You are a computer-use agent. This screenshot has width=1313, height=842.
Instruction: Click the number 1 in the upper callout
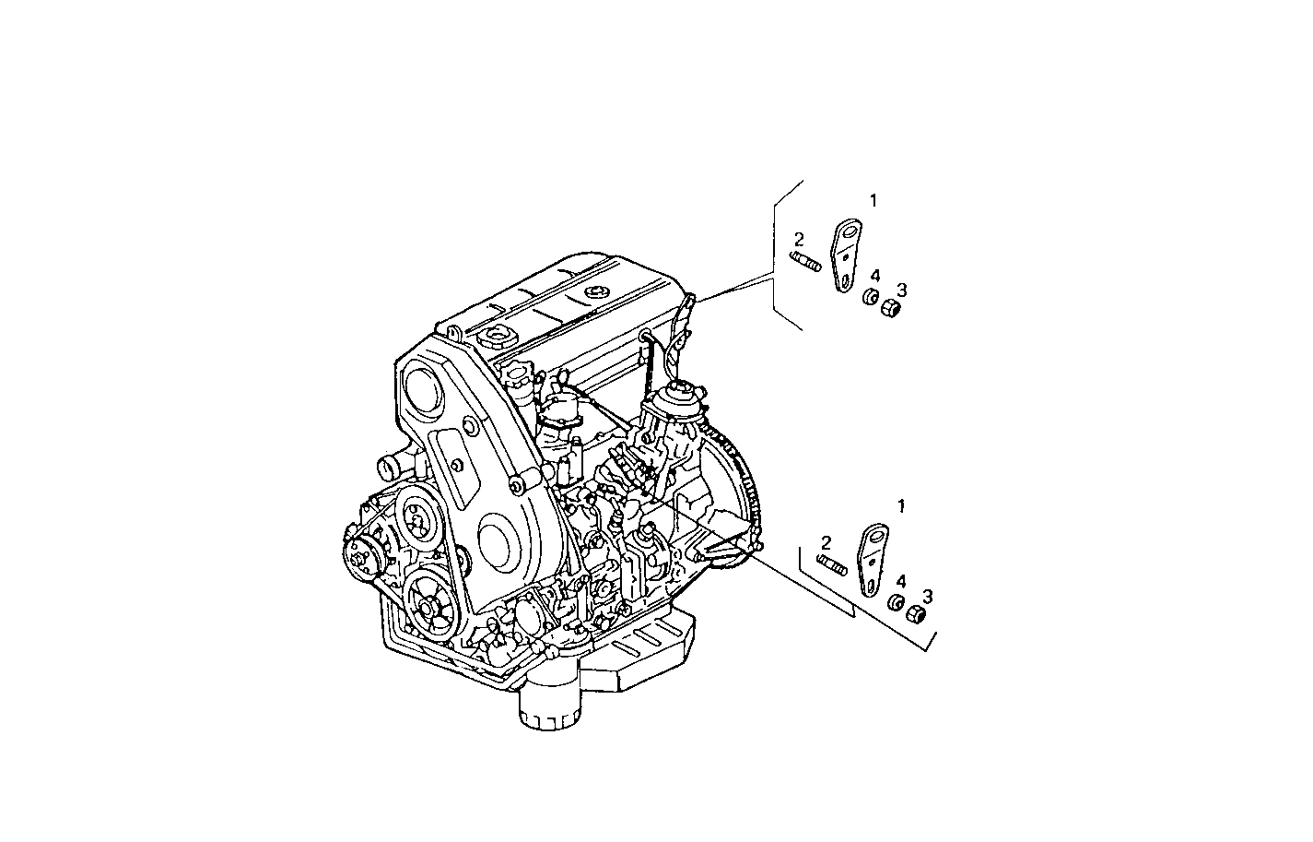tap(873, 200)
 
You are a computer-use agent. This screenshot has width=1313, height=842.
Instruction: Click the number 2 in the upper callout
tap(799, 240)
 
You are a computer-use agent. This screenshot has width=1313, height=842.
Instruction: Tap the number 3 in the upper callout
tap(901, 290)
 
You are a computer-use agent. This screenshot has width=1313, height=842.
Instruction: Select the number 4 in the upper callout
tap(874, 276)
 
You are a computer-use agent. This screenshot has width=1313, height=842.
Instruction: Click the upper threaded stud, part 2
tap(805, 262)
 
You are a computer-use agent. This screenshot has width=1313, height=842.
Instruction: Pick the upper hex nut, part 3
tap(891, 307)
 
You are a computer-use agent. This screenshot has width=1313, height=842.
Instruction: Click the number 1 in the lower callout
tap(900, 506)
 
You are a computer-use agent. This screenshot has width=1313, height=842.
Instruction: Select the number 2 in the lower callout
tap(826, 543)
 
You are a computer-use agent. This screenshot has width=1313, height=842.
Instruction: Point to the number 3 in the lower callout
tap(927, 597)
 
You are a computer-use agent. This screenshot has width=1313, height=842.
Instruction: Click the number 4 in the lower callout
tap(900, 581)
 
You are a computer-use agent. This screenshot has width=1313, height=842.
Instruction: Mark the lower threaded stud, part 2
tap(832, 566)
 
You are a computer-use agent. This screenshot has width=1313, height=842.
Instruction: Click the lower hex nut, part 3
tap(916, 614)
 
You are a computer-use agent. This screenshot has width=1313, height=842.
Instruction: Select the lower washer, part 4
tap(894, 604)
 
